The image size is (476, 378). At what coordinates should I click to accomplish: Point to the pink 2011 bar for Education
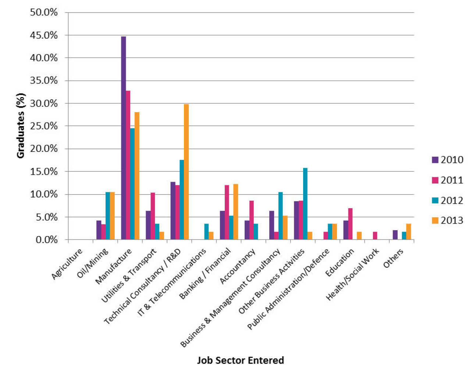(350, 224)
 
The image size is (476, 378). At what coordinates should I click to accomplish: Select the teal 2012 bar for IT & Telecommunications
(206, 232)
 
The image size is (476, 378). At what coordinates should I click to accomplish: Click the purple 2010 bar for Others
(395, 235)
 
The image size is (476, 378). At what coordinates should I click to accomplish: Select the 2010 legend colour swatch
(435, 160)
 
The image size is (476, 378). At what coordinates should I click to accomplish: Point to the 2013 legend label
(452, 220)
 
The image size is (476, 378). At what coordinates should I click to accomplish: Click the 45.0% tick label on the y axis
(44, 35)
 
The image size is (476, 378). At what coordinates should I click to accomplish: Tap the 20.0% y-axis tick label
(44, 149)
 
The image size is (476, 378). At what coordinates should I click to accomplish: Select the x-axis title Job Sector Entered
(240, 360)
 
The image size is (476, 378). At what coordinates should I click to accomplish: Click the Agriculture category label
(67, 264)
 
